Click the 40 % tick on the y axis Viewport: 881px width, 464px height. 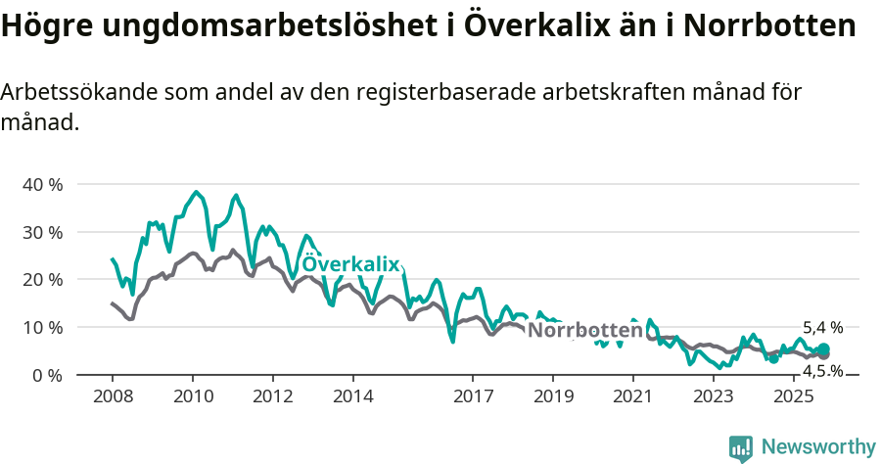[42, 184]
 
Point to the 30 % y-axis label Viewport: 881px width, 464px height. [42, 232]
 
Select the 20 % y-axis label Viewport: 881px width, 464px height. [42, 279]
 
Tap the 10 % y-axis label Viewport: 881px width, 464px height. [42, 327]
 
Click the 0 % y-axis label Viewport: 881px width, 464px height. [47, 375]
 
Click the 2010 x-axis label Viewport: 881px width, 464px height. [193, 395]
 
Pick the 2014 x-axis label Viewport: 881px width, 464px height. [352, 395]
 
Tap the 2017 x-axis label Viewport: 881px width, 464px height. [473, 395]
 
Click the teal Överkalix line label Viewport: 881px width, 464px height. [350, 264]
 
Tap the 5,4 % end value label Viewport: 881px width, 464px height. [822, 328]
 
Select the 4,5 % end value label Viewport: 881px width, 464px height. [822, 371]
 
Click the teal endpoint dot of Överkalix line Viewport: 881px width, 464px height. [823, 349]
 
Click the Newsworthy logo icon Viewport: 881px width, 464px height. [741, 447]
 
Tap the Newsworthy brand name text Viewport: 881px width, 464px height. [817, 447]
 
